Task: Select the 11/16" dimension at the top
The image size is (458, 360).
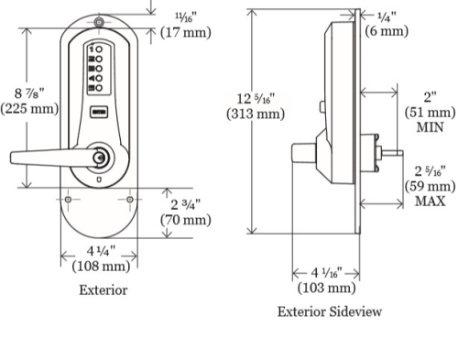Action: pos(182,16)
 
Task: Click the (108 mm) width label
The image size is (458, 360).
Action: pos(99,267)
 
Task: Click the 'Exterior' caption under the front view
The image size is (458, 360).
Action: pos(103,290)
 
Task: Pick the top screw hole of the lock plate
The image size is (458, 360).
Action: pos(97,22)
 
